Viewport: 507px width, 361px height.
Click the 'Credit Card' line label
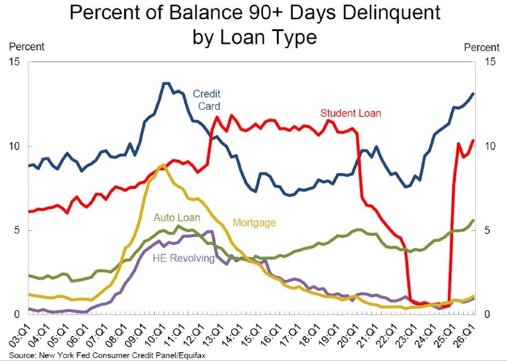point(207,100)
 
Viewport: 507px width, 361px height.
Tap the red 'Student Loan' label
point(351,113)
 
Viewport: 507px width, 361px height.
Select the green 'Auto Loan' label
point(177,218)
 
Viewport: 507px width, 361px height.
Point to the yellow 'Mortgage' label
point(254,223)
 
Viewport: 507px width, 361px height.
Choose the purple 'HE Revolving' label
point(184,258)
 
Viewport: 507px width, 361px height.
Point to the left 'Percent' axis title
point(27,46)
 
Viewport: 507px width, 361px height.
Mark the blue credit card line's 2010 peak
point(166,83)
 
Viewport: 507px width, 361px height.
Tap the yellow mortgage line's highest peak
point(163,166)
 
